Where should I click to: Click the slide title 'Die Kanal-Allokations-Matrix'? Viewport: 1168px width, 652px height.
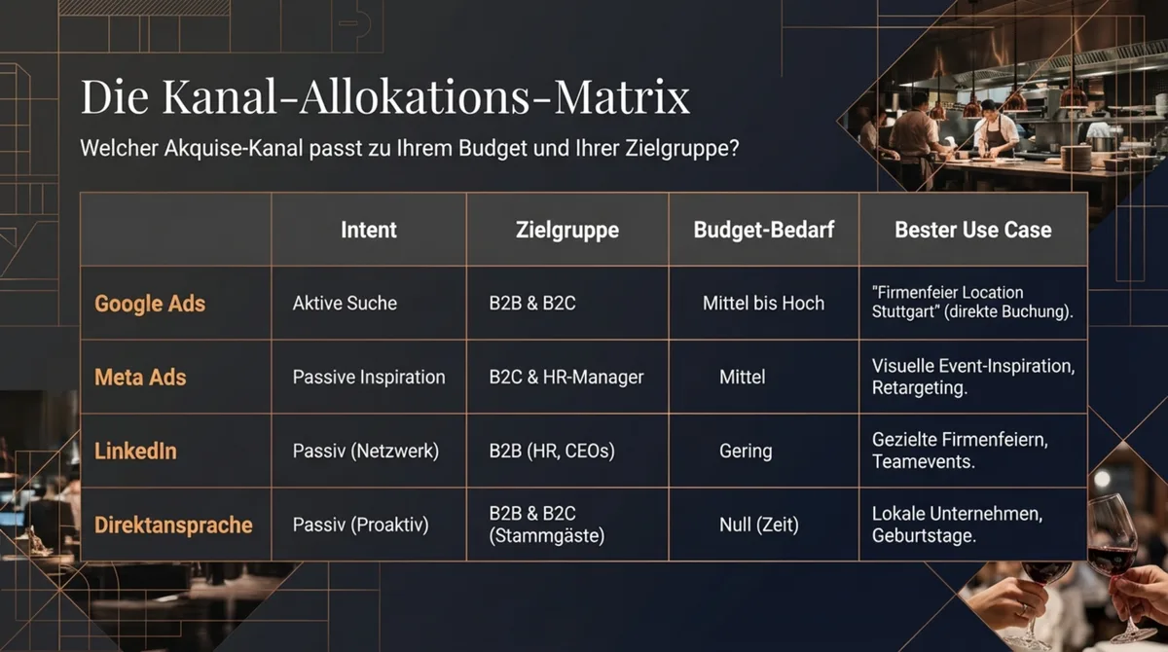[384, 98]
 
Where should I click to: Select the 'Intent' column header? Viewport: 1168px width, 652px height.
[369, 230]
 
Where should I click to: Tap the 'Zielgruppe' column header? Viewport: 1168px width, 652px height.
[566, 230]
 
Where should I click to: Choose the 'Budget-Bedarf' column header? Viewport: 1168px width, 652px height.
[763, 230]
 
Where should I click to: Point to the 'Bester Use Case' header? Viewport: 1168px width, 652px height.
[972, 230]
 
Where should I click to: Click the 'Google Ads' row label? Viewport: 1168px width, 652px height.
[150, 304]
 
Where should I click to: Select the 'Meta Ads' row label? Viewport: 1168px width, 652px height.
[140, 377]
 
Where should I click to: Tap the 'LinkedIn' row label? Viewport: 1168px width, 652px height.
[135, 451]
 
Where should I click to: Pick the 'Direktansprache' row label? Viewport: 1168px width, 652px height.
[173, 525]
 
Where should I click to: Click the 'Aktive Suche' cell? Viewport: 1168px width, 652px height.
[345, 304]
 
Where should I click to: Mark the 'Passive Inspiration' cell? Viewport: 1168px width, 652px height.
[369, 377]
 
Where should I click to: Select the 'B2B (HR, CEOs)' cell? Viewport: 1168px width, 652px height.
[551, 451]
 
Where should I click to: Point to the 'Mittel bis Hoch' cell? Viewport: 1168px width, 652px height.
[763, 304]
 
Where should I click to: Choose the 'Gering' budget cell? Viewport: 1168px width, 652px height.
[746, 451]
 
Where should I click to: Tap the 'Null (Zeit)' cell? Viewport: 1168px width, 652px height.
[758, 525]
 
